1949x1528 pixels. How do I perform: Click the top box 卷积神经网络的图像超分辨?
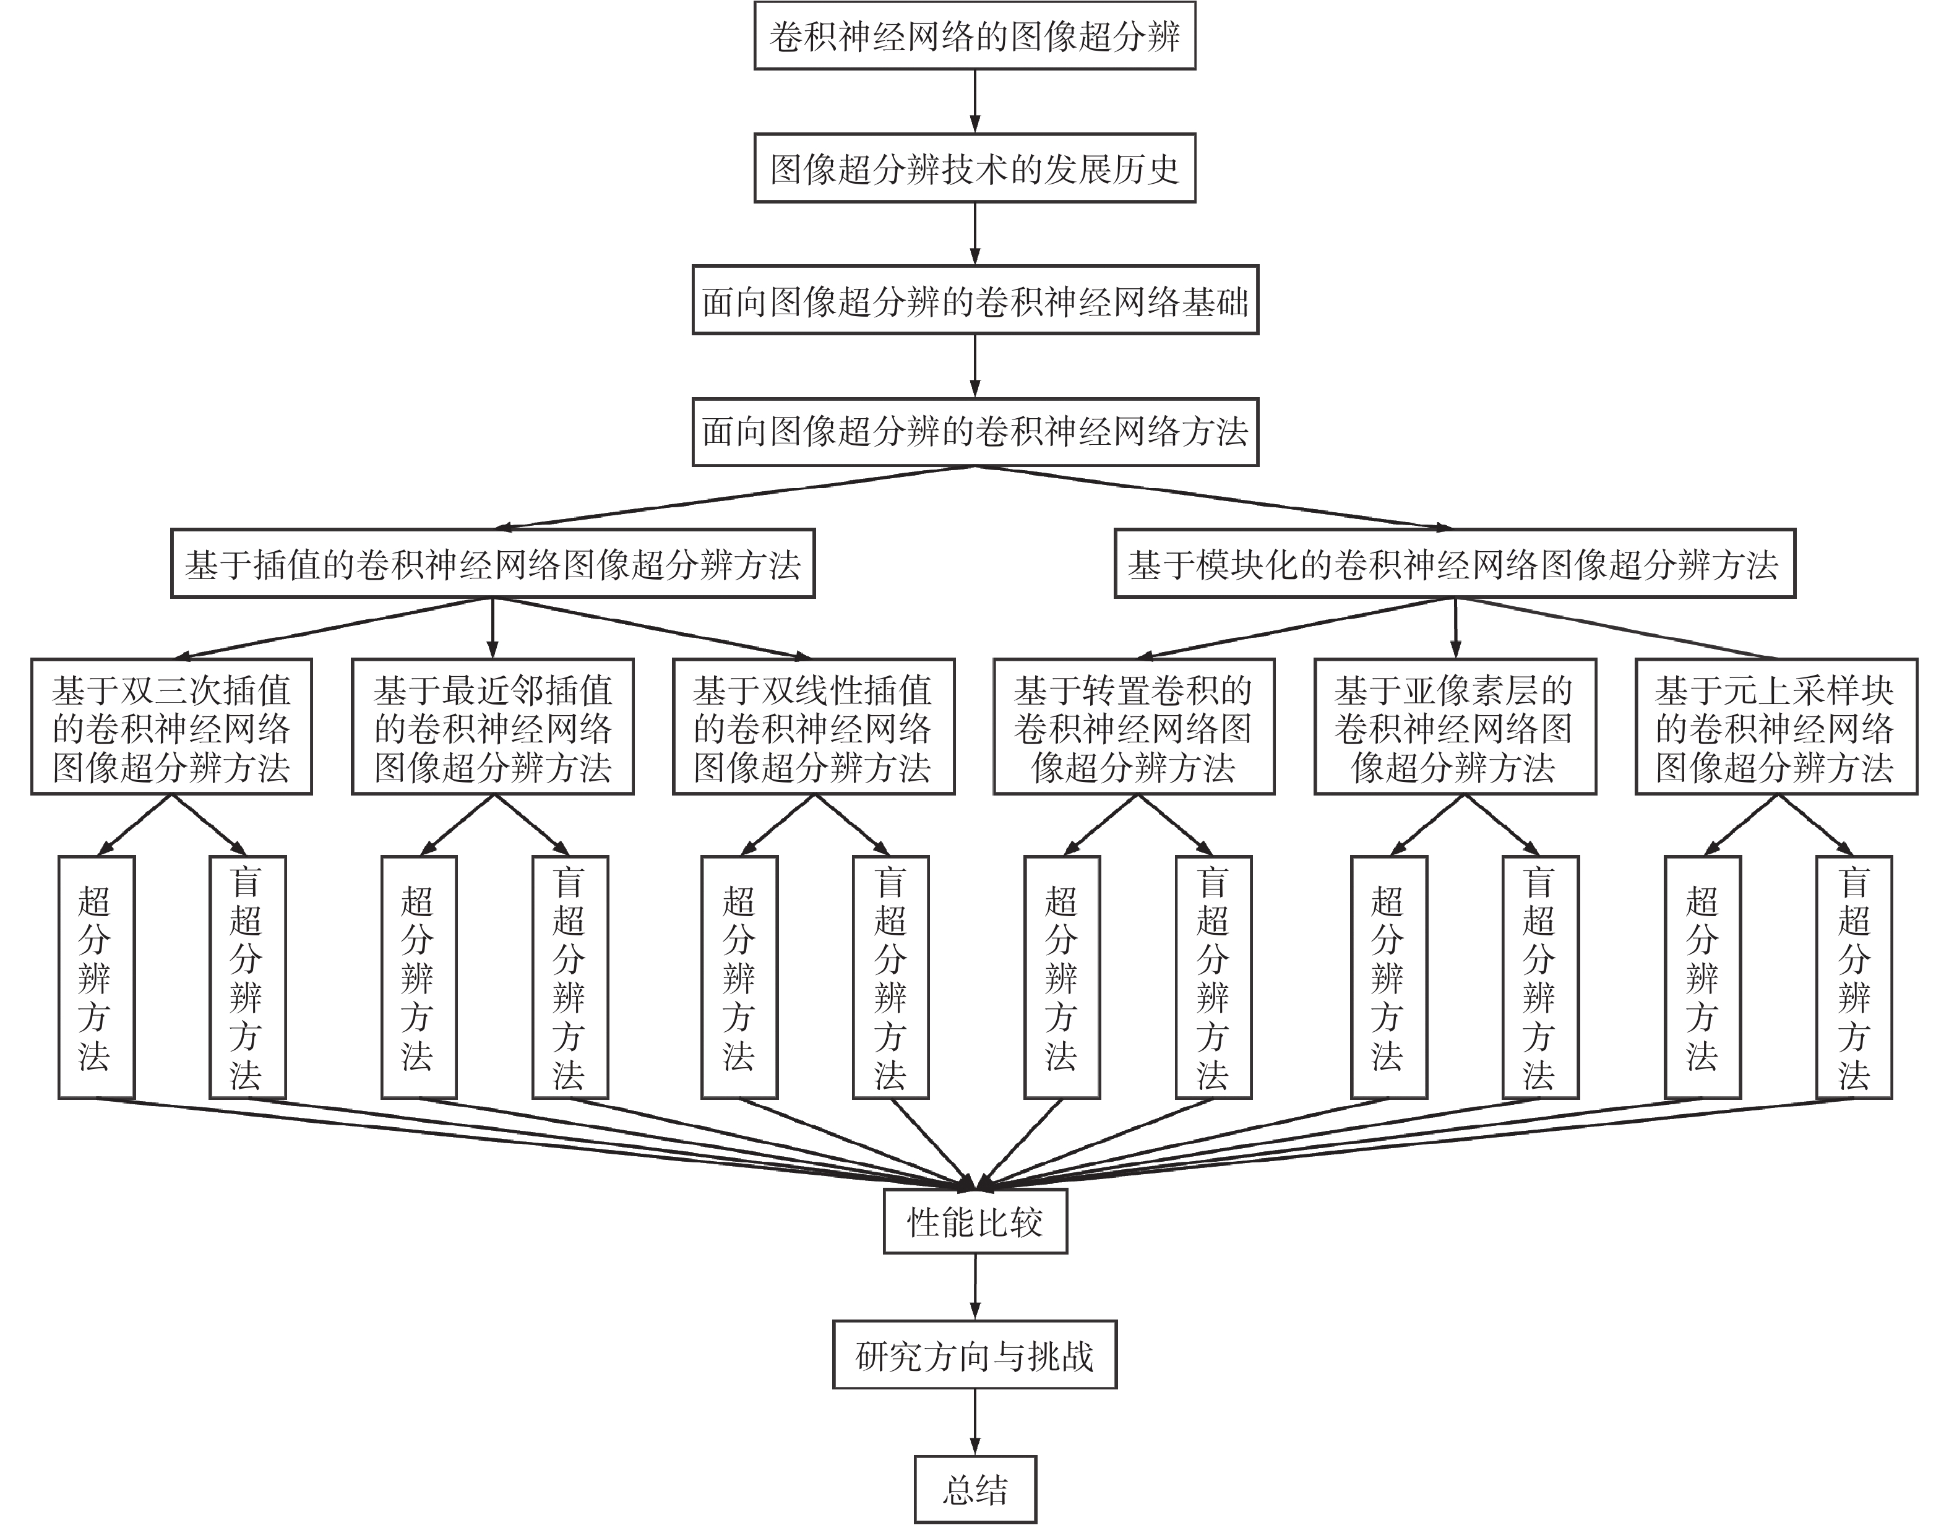click(x=974, y=36)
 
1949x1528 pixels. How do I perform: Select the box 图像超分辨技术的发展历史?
click(x=974, y=168)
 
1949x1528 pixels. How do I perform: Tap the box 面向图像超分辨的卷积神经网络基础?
click(x=974, y=301)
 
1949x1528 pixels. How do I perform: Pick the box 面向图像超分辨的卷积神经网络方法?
click(x=974, y=432)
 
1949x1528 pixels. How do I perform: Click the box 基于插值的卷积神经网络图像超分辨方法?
click(x=492, y=564)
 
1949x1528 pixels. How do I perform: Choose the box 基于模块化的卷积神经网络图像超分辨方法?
click(x=1454, y=564)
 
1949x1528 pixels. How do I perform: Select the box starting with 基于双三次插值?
click(x=171, y=728)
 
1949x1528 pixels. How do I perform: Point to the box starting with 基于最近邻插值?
click(x=492, y=728)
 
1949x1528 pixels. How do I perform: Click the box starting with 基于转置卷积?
click(x=1134, y=728)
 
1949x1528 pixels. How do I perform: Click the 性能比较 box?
click(x=974, y=1222)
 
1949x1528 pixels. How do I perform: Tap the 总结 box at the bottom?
click(x=974, y=1490)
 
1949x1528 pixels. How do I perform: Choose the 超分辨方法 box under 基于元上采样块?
click(x=1702, y=977)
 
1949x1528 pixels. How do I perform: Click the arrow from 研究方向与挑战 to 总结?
click(x=974, y=1420)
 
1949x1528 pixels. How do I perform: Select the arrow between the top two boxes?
click(x=974, y=100)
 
